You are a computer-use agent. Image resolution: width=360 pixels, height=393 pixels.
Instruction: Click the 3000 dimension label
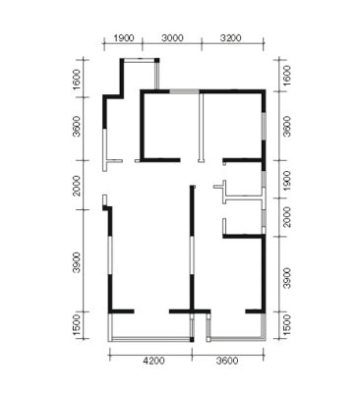[172, 38]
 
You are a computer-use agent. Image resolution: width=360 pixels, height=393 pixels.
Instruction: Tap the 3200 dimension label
[230, 38]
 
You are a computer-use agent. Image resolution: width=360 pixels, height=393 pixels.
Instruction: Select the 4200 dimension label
[153, 361]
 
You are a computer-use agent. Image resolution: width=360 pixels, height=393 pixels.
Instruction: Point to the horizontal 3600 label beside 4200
[227, 361]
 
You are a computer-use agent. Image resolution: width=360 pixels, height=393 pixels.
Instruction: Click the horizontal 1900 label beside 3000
[124, 38]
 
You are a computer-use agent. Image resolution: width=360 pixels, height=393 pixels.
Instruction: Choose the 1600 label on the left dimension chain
[77, 79]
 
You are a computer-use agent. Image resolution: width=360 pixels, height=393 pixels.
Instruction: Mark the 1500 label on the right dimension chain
[286, 325]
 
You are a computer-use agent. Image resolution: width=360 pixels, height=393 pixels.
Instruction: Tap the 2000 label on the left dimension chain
[77, 186]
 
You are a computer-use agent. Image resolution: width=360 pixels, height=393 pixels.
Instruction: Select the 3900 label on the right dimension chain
[286, 278]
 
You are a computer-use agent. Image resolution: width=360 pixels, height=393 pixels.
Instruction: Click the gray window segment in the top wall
[184, 91]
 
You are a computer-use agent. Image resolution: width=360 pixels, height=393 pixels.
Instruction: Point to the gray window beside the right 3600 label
[264, 127]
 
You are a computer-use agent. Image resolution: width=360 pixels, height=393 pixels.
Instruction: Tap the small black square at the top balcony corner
[156, 60]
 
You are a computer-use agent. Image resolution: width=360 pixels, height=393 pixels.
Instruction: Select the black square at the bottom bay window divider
[192, 339]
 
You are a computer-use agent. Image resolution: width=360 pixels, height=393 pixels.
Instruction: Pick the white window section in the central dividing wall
[192, 255]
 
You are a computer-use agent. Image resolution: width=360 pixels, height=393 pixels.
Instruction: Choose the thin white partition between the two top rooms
[201, 127]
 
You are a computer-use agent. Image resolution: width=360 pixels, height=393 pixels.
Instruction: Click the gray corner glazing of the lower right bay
[263, 327]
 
